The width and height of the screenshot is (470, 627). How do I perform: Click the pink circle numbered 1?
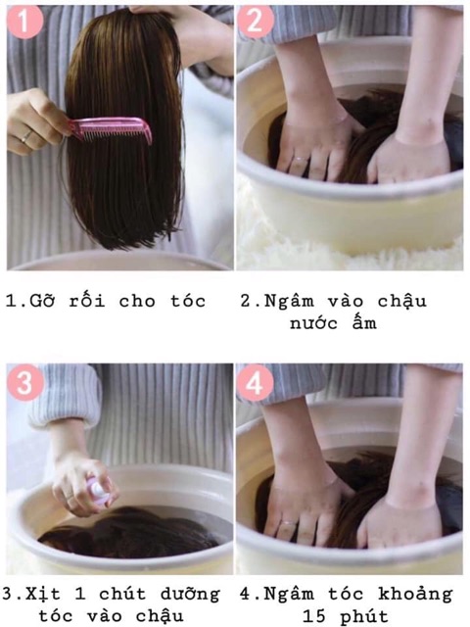click(x=24, y=22)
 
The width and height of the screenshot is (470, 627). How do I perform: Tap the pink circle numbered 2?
click(x=255, y=21)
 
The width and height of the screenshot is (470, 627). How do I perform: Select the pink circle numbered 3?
click(x=24, y=382)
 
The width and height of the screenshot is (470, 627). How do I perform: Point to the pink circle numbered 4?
click(x=255, y=383)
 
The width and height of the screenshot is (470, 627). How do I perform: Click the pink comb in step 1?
click(x=111, y=129)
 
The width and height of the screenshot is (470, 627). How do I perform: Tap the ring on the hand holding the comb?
click(x=26, y=136)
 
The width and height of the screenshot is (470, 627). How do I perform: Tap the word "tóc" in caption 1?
click(x=189, y=301)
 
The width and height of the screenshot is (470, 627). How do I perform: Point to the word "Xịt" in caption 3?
click(x=43, y=595)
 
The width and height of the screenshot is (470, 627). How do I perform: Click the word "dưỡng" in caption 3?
click(x=190, y=595)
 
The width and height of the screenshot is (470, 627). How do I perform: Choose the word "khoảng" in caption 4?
click(x=415, y=595)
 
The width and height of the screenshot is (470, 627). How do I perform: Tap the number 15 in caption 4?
click(x=315, y=616)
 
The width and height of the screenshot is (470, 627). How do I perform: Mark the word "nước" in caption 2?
click(x=314, y=323)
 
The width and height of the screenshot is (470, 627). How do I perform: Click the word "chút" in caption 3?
click(x=122, y=594)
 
